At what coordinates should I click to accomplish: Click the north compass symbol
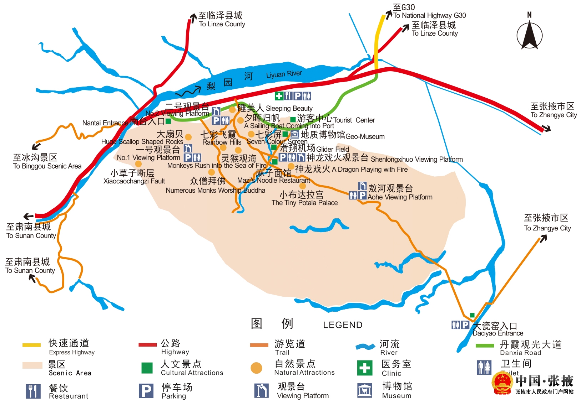[529, 35]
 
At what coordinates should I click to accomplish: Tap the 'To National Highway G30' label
[429, 15]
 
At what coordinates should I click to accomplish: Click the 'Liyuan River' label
[284, 74]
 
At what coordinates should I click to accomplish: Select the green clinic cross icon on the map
[279, 96]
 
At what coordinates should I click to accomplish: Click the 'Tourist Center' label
[354, 120]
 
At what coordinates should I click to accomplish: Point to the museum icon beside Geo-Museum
[295, 134]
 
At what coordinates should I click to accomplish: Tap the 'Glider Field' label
[332, 149]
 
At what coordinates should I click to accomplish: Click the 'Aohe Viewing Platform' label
[400, 197]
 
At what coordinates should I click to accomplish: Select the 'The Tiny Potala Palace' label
[304, 203]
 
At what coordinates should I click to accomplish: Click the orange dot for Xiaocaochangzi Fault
[138, 164]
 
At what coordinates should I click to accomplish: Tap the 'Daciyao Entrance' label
[498, 333]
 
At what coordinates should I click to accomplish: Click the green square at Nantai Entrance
[168, 121]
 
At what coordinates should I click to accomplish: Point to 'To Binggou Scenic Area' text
[47, 166]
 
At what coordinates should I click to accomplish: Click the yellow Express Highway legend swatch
[31, 345]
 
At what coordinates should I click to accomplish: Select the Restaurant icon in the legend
[33, 391]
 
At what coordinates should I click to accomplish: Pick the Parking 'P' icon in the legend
[146, 391]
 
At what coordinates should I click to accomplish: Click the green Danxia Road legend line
[485, 346]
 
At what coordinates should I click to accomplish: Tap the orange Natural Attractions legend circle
[256, 368]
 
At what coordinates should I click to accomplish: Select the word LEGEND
[343, 325]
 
